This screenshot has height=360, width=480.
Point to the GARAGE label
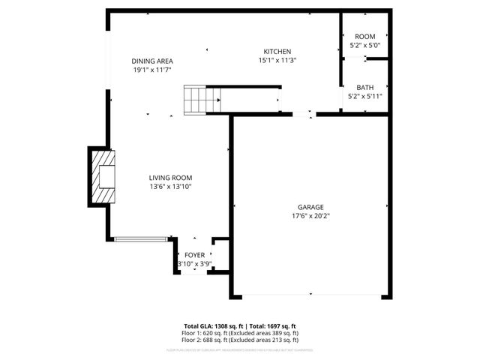coord(311,207)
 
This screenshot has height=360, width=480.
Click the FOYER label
coord(195,256)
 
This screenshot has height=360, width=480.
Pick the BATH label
coord(365,87)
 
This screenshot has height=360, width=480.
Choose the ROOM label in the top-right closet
coord(365,36)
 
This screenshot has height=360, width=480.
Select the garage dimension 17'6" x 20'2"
coord(311,216)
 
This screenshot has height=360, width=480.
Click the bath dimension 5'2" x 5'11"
coord(365,96)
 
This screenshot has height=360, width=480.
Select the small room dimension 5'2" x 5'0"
coord(365,45)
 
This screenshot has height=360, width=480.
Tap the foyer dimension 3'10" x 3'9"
coord(194,264)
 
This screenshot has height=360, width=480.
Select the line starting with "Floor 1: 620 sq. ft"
coord(240,333)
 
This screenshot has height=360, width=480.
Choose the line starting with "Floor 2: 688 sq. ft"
coord(240,340)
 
